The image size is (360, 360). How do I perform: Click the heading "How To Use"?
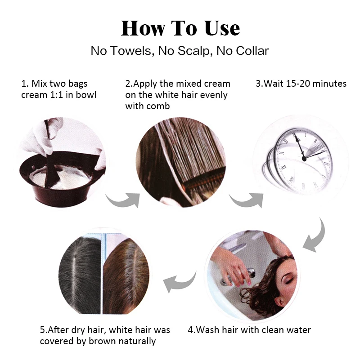pos(180,28)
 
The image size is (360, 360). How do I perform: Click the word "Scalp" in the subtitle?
pos(195,51)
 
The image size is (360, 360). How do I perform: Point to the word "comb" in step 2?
pos(159,106)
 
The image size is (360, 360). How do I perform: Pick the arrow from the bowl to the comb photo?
pos(123,200)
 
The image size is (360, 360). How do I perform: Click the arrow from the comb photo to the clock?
pos(247,200)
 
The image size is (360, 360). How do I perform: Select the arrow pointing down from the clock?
pos(315,236)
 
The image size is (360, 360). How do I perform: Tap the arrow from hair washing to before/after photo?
pos(179,281)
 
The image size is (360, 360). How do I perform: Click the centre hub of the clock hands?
pos(304,158)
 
